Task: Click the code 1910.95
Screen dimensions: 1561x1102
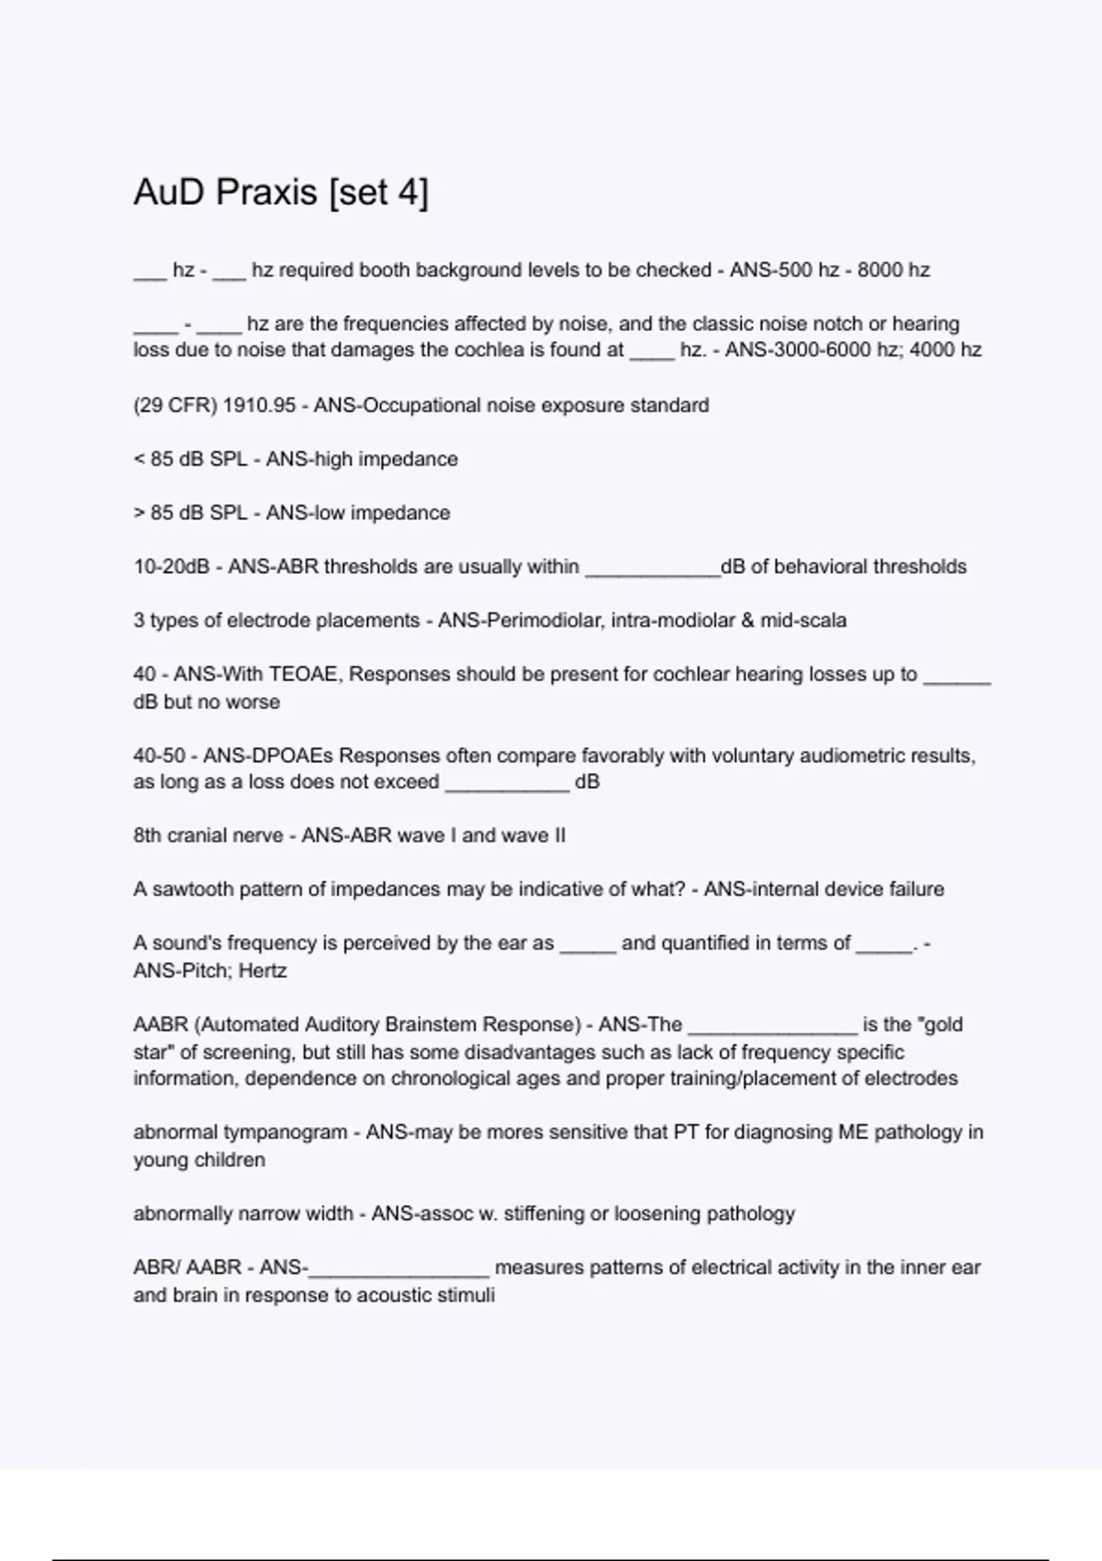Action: click(x=260, y=405)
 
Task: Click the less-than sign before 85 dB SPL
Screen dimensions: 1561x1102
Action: click(x=139, y=459)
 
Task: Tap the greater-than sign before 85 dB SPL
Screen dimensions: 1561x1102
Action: click(x=139, y=512)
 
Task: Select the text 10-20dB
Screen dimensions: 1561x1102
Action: click(x=172, y=567)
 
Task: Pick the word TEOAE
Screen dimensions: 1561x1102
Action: click(x=304, y=674)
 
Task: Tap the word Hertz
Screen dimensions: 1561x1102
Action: click(x=263, y=971)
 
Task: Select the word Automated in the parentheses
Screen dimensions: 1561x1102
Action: click(x=242, y=1025)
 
